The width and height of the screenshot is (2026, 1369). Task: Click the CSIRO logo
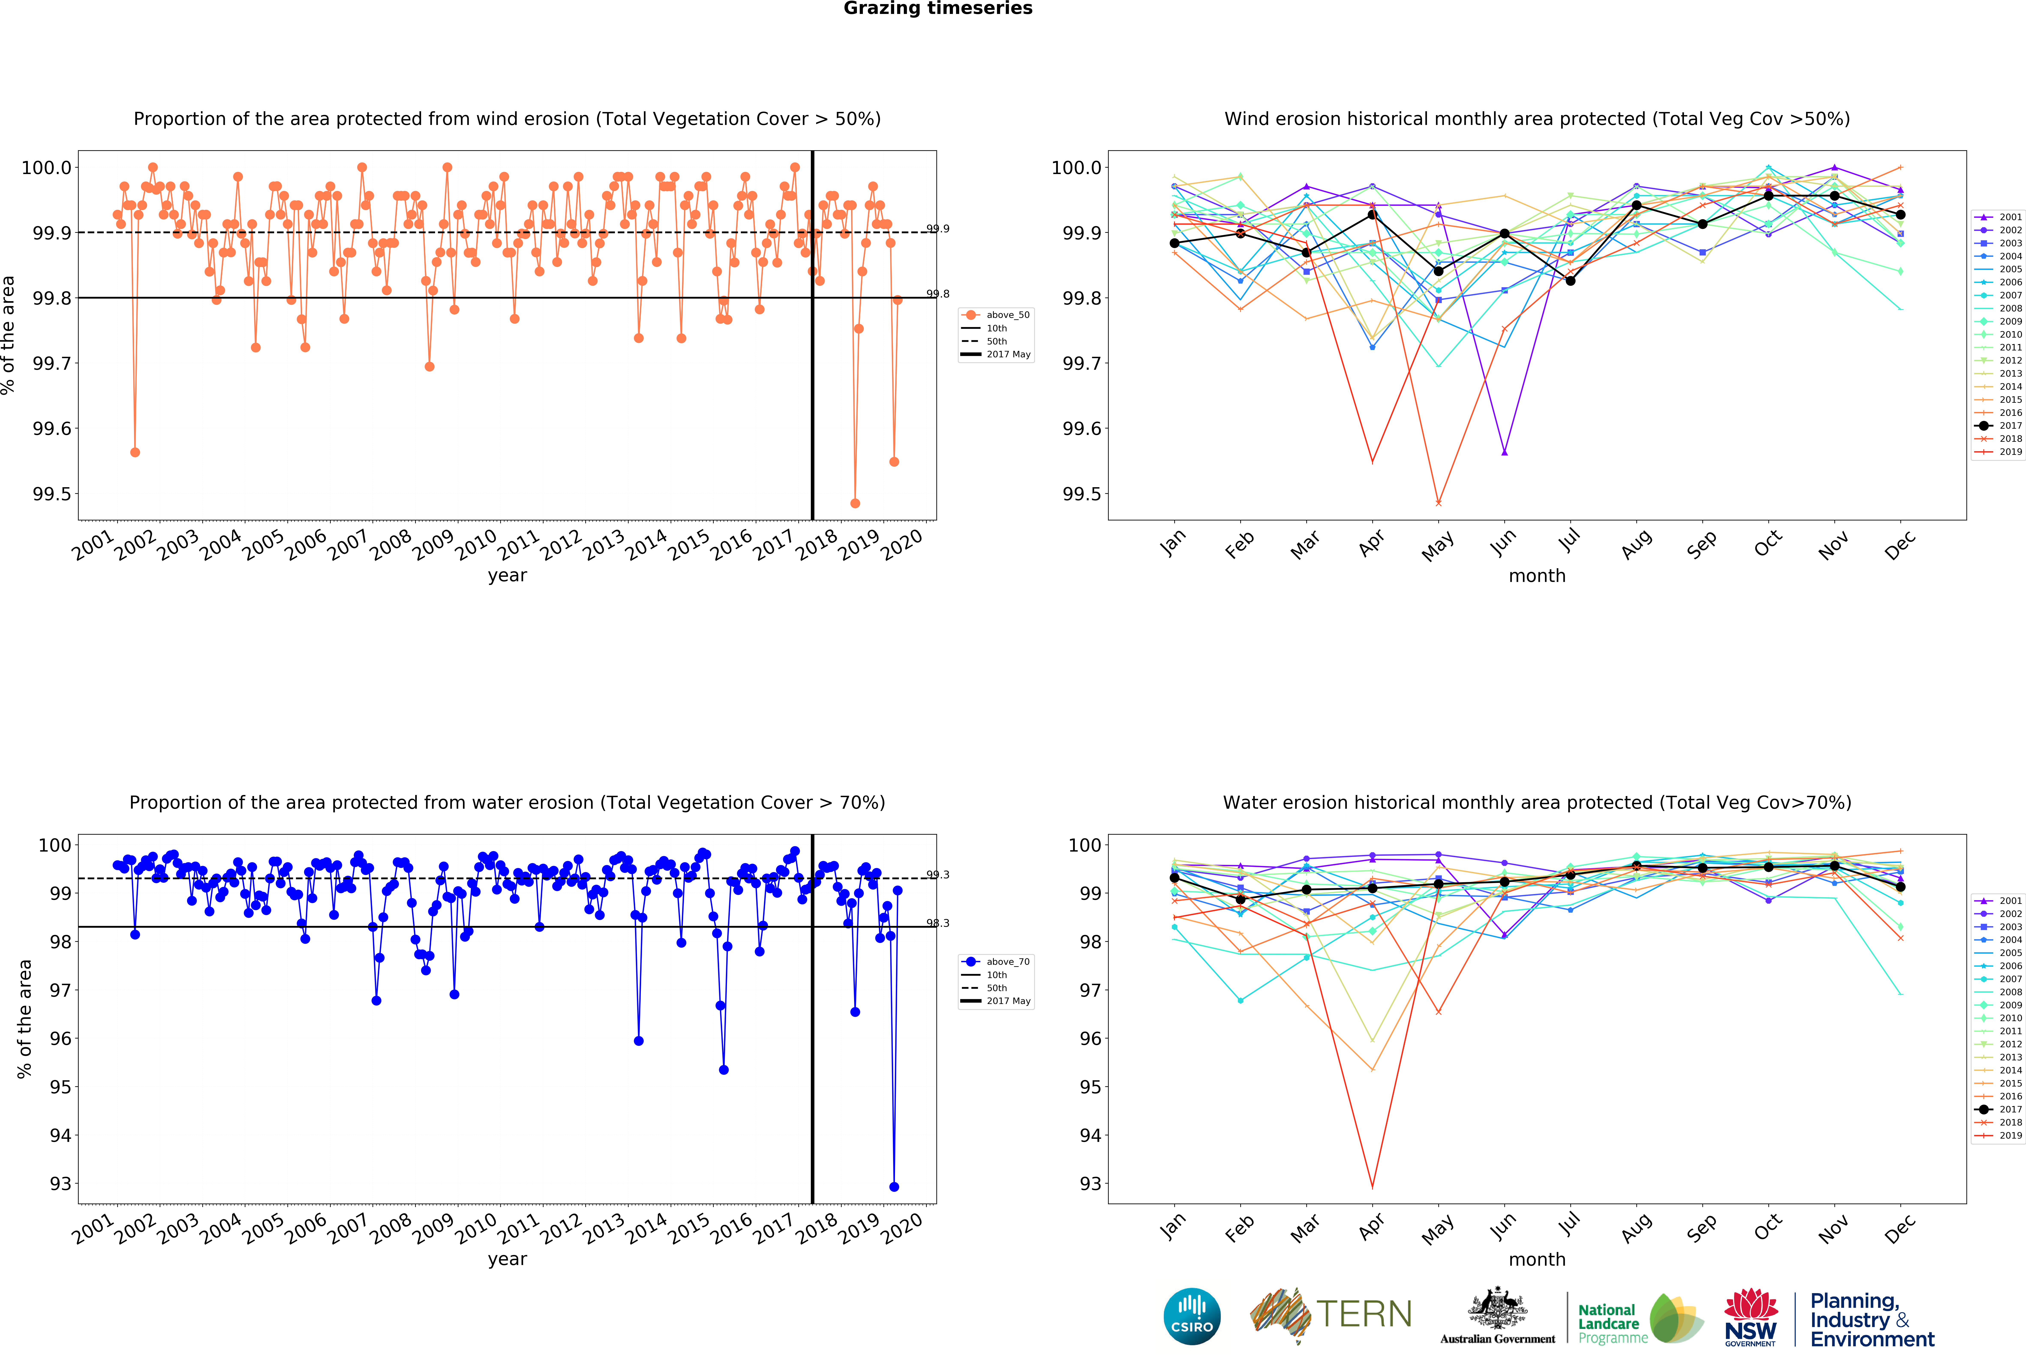point(1192,1317)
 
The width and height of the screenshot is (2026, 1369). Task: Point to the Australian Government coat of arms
point(1497,1308)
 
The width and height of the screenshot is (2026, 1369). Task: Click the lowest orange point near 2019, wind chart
point(855,503)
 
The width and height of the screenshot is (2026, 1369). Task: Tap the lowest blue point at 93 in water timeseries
point(894,1187)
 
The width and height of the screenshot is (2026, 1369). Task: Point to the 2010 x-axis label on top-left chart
point(475,545)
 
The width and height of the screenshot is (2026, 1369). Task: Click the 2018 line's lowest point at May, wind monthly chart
point(1438,503)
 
